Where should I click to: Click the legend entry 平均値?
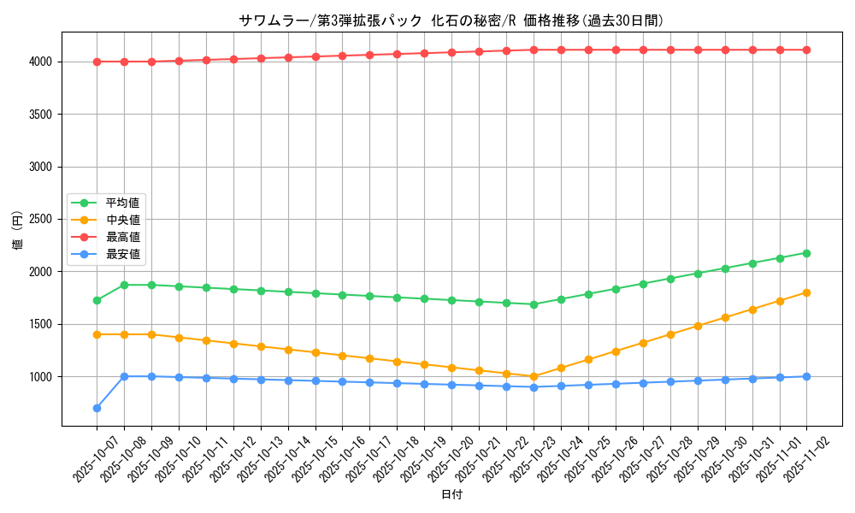tap(122, 203)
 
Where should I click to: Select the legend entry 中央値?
tap(122, 220)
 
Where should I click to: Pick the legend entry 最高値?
tap(122, 237)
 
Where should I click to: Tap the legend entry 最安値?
tap(122, 254)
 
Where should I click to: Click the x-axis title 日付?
tap(451, 495)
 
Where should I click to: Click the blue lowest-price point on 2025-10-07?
tap(97, 408)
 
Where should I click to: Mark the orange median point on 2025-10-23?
tap(534, 376)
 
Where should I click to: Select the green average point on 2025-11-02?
tap(806, 253)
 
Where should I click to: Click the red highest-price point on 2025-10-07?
tap(97, 62)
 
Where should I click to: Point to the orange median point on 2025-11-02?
tap(806, 292)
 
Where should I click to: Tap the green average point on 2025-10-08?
tap(124, 285)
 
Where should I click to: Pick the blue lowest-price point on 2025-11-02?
tap(806, 376)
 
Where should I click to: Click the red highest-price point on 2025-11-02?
tap(806, 50)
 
